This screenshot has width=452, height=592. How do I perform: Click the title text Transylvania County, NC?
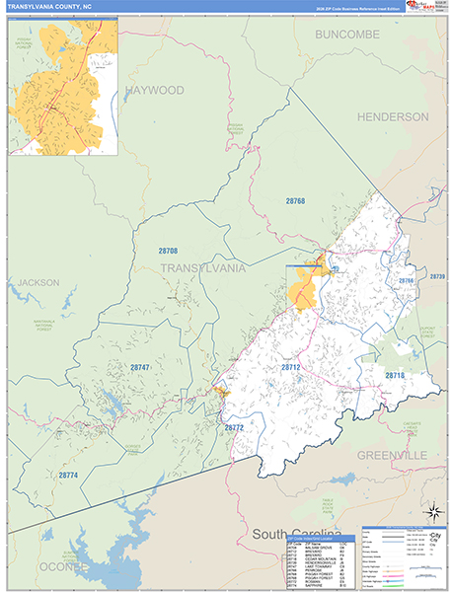[50, 6]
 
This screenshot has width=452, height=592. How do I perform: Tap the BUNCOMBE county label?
[348, 35]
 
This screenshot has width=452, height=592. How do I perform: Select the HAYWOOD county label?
[154, 90]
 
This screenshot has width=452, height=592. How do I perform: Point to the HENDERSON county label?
[394, 116]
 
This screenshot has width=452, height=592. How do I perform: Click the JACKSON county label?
[38, 282]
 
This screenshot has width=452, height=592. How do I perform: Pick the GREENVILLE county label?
[391, 455]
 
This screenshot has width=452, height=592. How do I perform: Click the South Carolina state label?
[302, 534]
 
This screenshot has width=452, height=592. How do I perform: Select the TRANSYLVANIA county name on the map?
[202, 268]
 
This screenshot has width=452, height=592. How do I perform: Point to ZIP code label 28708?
[168, 252]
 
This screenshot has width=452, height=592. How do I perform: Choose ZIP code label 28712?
[290, 367]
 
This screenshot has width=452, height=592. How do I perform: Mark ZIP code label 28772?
[233, 427]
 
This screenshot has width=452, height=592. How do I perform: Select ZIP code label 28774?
[67, 476]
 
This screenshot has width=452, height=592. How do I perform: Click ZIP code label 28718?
[395, 376]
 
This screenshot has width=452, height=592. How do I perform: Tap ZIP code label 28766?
[406, 281]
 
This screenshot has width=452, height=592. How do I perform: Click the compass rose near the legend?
[431, 511]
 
